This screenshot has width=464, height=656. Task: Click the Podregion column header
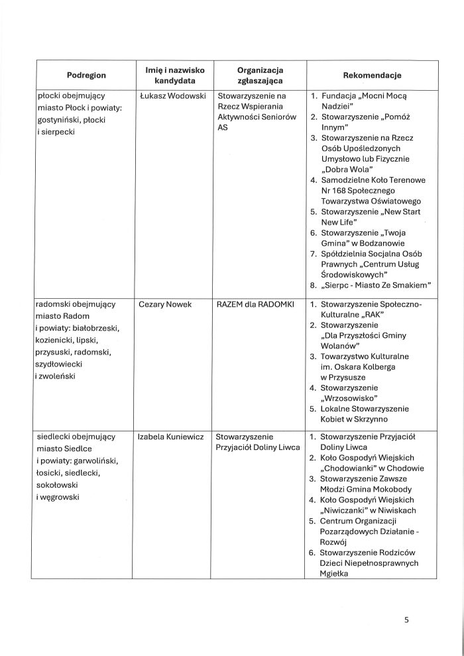click(x=86, y=75)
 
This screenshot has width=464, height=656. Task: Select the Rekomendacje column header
click(x=372, y=75)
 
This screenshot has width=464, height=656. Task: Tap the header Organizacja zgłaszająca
click(x=260, y=75)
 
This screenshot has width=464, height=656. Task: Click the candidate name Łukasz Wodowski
click(x=170, y=97)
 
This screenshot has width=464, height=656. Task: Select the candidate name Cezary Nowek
click(x=166, y=304)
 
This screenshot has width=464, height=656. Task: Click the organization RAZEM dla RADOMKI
click(x=250, y=304)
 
